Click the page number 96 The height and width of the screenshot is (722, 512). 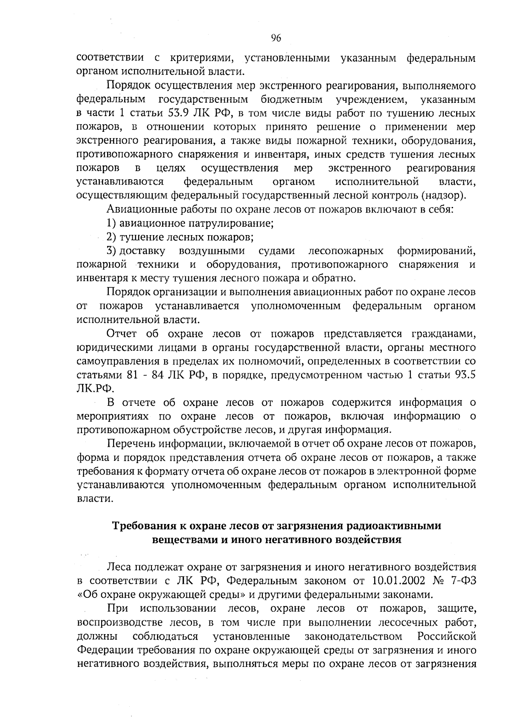(x=276, y=39)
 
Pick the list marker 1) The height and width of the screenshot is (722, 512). (x=111, y=223)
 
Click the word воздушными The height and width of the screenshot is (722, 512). (x=212, y=250)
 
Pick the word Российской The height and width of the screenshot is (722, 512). (x=446, y=637)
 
